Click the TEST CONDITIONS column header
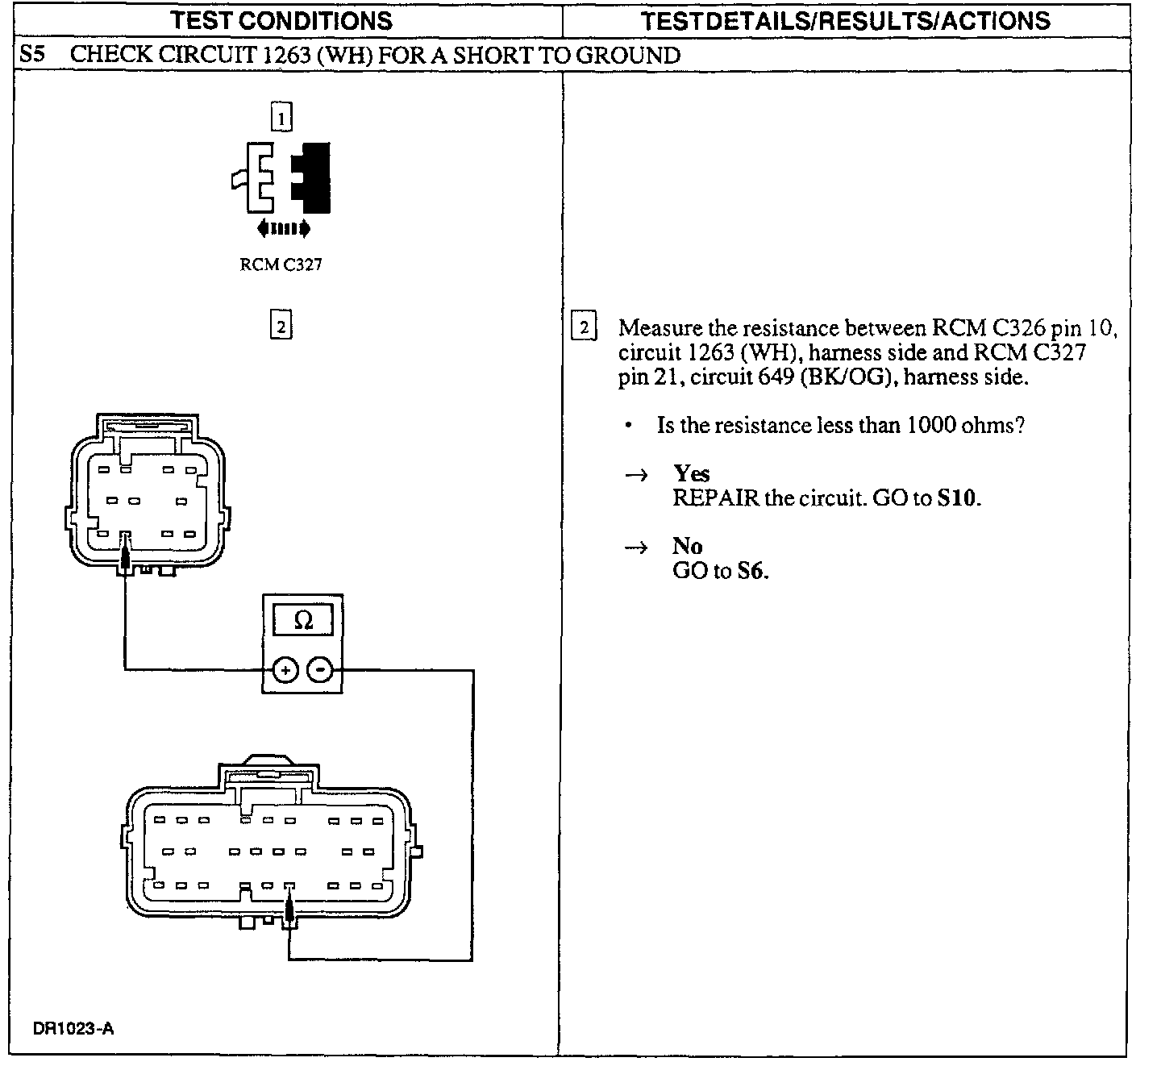[x=281, y=20]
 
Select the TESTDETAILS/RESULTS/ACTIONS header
[x=845, y=20]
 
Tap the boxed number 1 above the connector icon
[x=281, y=119]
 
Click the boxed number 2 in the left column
[x=281, y=326]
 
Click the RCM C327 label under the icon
[x=281, y=265]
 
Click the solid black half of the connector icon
[x=312, y=177]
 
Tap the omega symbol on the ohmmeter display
[x=303, y=620]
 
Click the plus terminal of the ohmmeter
[x=285, y=669]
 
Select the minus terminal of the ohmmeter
[x=321, y=669]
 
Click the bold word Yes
[x=691, y=473]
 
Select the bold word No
[x=687, y=547]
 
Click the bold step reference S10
[x=957, y=498]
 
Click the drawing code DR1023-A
[x=73, y=1028]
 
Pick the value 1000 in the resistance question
[x=930, y=425]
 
